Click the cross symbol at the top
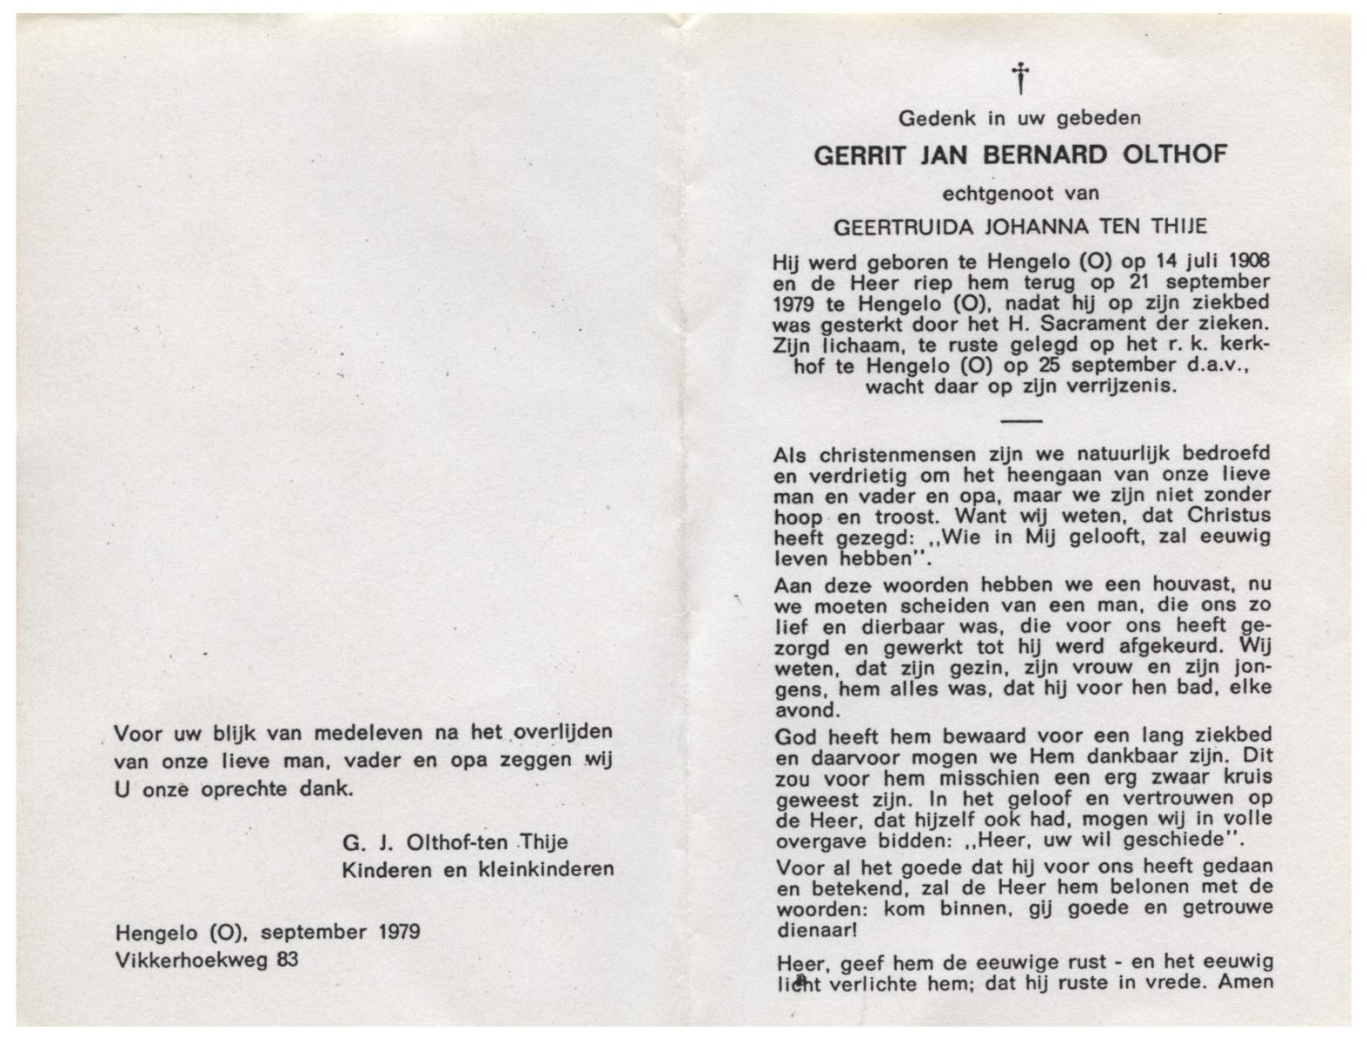1021,78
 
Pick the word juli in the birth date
1191,260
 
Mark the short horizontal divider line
1021,421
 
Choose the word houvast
1191,584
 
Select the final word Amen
1245,983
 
